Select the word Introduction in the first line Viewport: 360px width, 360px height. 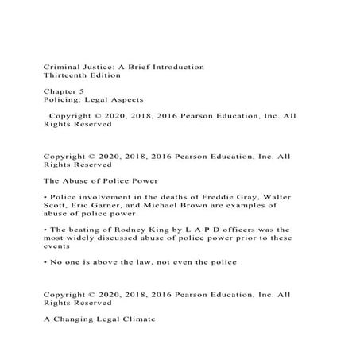coord(174,67)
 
